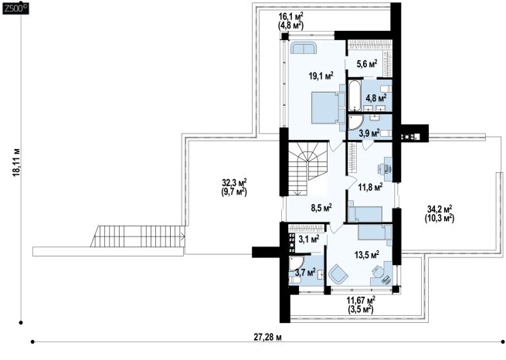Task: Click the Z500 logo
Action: point(15,9)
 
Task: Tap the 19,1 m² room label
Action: point(321,76)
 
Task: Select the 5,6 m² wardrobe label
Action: point(367,64)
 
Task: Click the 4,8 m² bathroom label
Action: point(376,97)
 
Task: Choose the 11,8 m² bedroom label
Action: point(371,186)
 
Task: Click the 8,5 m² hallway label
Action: point(321,207)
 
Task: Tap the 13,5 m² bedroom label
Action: point(367,255)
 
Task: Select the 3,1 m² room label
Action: point(309,239)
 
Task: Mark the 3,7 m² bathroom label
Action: point(305,273)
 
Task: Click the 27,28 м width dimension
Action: point(267,338)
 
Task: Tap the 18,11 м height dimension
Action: point(17,162)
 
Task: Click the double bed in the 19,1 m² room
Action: point(324,107)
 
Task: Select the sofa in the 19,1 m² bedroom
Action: point(304,48)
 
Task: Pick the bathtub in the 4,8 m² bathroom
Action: point(354,96)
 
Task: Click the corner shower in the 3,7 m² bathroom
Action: point(295,263)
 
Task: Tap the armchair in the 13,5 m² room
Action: point(338,273)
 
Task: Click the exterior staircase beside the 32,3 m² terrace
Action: point(138,236)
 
